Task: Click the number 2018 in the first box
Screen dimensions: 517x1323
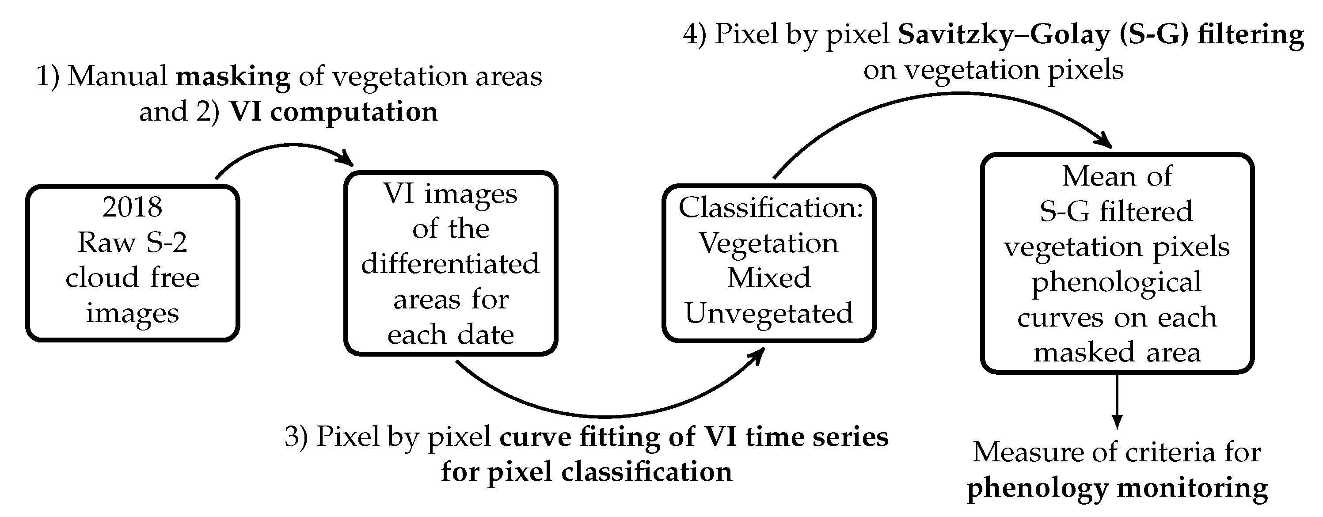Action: tap(132, 207)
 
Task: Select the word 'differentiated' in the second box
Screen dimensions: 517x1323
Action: tap(450, 264)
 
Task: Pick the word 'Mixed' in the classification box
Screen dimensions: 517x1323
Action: tap(769, 278)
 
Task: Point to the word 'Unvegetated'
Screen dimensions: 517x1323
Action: tap(769, 313)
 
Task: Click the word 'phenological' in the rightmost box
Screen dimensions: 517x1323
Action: tap(1117, 283)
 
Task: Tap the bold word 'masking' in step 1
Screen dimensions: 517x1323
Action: tap(233, 76)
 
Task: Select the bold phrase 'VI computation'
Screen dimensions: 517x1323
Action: tap(333, 112)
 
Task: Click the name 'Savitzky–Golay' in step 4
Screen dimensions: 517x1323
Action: tap(1004, 35)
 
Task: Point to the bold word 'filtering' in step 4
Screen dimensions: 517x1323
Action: tap(1251, 35)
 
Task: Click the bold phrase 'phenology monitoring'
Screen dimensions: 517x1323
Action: tap(1117, 488)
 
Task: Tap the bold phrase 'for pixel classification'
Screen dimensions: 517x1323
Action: tap(586, 472)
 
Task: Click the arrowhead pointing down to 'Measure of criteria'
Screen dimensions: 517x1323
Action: tap(1117, 421)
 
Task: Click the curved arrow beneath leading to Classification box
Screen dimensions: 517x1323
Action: tap(606, 415)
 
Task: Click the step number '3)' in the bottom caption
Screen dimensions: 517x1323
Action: tap(297, 437)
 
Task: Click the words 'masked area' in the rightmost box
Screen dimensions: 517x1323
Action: tap(1117, 353)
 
